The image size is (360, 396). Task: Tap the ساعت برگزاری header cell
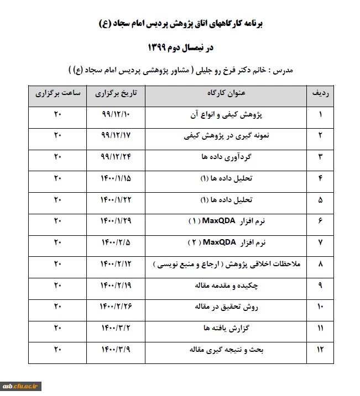pos(59,94)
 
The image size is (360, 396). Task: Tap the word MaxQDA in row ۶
pos(220,221)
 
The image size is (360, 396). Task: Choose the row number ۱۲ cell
pos(320,349)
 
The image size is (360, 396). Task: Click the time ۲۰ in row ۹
pos(58,286)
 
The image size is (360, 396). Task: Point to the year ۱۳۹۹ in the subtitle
pos(161,47)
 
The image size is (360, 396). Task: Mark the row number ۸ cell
pos(320,265)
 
